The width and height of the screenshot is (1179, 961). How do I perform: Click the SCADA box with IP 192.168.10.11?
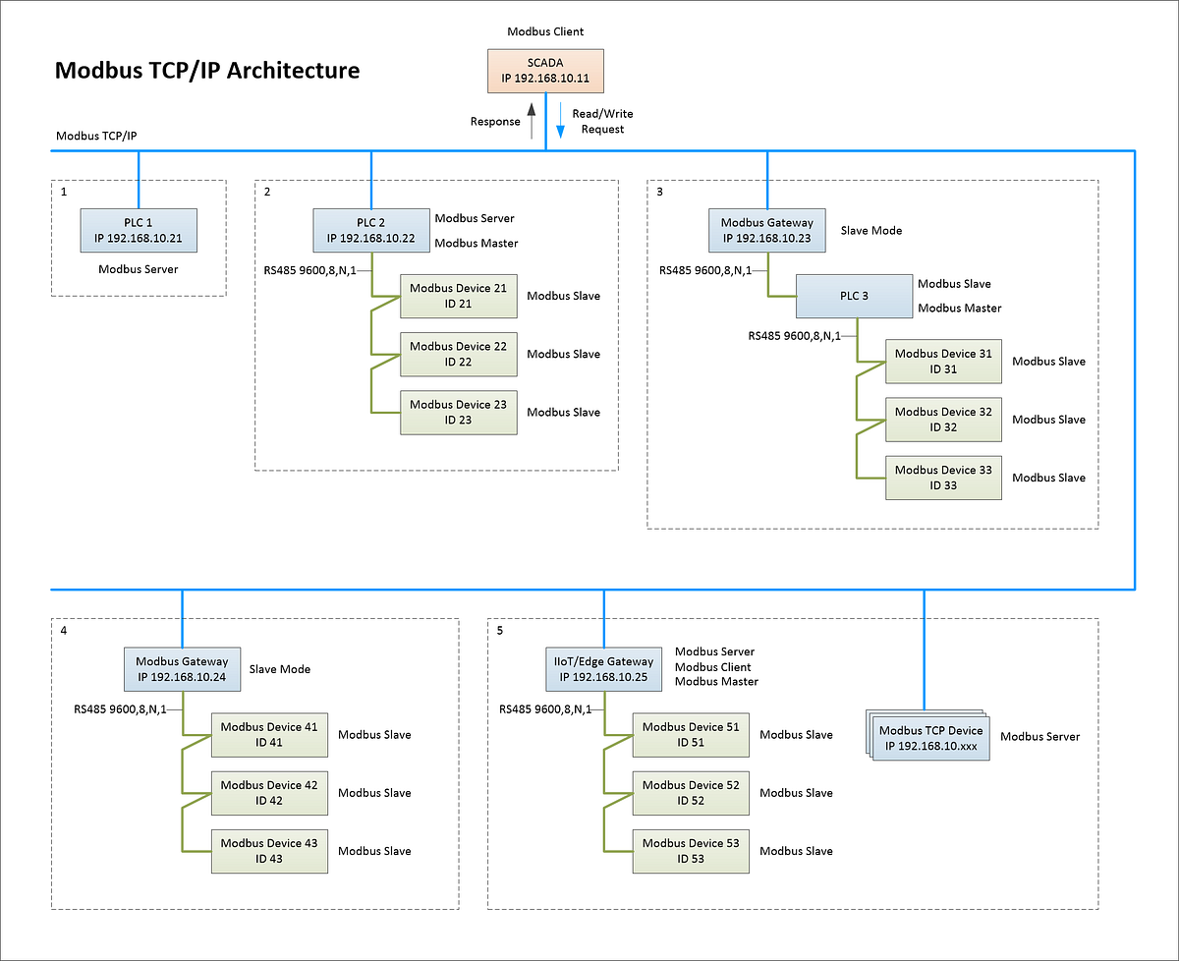pos(545,72)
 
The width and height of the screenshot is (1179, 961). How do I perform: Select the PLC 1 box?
pos(139,230)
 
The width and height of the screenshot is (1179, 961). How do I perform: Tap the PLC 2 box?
pos(370,230)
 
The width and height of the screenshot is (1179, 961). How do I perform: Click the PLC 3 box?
pos(853,296)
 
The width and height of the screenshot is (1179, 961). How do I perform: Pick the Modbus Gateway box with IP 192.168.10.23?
pos(766,230)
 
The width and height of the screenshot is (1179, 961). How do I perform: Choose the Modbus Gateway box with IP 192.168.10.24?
pos(182,668)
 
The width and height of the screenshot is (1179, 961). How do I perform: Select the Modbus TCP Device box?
pos(929,738)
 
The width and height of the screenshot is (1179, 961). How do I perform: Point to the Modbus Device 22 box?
pos(458,354)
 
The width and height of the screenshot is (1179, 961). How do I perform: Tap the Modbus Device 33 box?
pos(943,478)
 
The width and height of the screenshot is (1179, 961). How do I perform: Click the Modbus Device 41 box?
pos(269,734)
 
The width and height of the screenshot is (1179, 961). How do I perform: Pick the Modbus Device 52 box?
pos(690,793)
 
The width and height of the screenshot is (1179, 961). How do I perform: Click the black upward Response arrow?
pos(532,120)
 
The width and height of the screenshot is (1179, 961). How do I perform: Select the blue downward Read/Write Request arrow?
pos(560,120)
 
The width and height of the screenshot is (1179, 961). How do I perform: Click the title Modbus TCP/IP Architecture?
pos(207,71)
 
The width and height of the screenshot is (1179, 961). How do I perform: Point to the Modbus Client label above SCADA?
pos(545,31)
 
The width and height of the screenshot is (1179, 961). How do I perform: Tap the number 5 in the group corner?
pos(500,631)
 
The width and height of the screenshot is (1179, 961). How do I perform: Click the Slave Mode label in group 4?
pos(280,669)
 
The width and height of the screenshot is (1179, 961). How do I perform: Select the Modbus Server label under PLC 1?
pos(139,268)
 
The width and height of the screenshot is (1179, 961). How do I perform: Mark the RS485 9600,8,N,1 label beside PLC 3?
pos(794,335)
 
